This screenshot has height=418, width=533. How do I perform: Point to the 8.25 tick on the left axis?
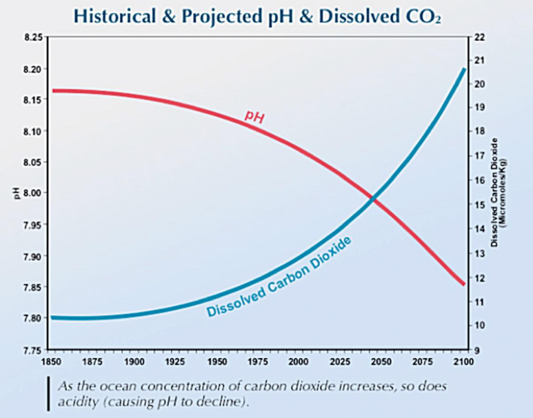coord(33,38)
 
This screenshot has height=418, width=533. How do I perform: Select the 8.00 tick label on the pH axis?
coord(33,193)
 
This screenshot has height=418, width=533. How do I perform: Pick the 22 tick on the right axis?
coord(479,37)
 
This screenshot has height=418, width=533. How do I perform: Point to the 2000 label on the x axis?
coord(298,361)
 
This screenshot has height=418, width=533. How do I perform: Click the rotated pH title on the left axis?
coord(17,194)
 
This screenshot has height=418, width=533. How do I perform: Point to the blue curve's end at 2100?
coord(464,70)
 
